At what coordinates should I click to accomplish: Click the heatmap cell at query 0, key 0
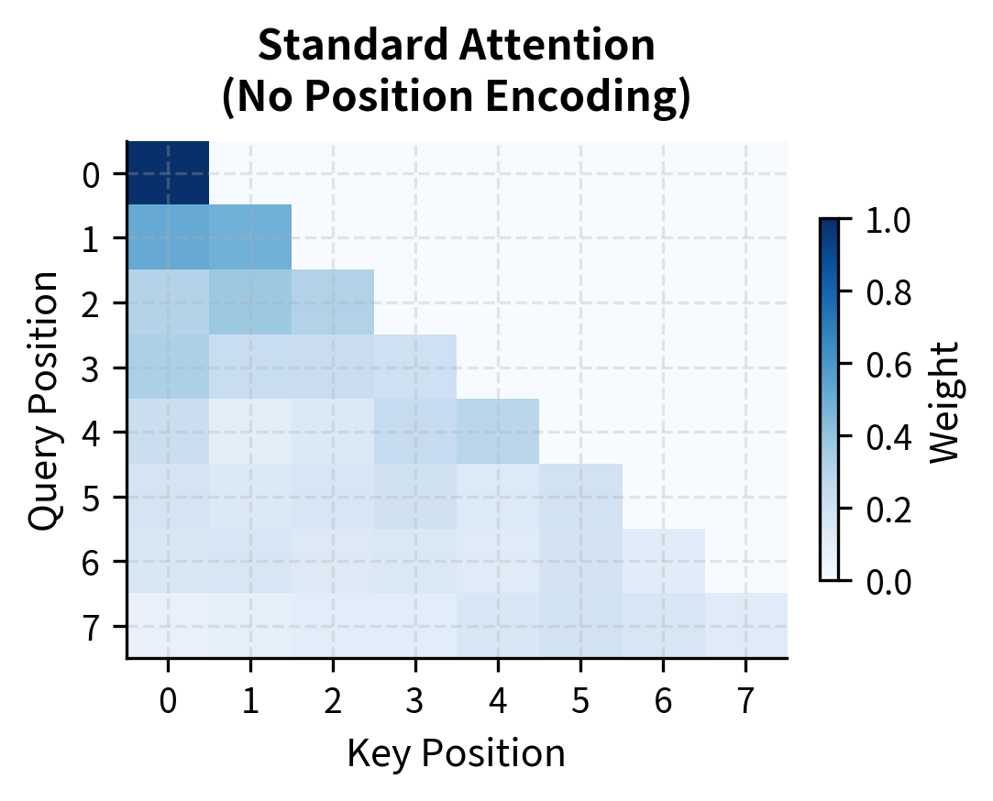(168, 173)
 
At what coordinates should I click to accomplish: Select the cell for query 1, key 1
(250, 237)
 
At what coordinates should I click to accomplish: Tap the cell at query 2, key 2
(333, 302)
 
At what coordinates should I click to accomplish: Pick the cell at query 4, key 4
(498, 432)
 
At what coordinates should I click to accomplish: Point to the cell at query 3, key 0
(168, 367)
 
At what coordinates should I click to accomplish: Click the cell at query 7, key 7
(745, 625)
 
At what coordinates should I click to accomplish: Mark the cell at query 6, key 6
(663, 561)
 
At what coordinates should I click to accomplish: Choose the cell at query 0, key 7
(745, 173)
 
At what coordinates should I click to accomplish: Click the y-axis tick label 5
(90, 497)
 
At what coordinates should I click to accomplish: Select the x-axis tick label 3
(415, 702)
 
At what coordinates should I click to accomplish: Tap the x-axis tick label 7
(745, 702)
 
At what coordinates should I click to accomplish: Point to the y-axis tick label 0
(90, 173)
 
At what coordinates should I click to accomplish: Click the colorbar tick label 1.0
(888, 220)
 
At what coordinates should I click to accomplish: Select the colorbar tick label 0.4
(888, 436)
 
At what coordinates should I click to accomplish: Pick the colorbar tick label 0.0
(888, 581)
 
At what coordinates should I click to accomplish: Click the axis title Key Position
(456, 753)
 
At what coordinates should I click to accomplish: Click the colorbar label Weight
(944, 400)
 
